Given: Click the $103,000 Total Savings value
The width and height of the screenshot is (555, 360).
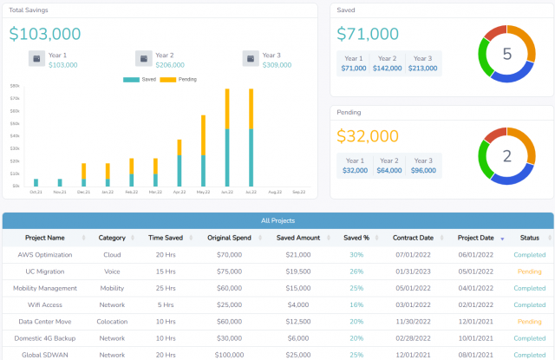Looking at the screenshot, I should (x=45, y=34).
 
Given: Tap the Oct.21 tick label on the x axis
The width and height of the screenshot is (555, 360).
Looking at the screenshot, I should (x=36, y=192).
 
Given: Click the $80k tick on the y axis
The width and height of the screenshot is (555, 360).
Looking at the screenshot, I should (x=15, y=86).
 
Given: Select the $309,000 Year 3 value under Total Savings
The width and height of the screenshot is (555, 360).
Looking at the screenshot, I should (x=277, y=65).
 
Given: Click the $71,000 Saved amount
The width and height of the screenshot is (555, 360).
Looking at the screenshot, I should (x=368, y=34).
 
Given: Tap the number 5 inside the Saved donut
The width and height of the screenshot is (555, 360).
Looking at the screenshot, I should (x=507, y=54).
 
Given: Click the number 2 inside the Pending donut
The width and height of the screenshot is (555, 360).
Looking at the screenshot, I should (x=507, y=156).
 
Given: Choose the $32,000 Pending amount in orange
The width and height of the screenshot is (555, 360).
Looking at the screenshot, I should (x=368, y=136).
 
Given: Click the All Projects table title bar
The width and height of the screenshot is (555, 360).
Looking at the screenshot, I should (x=277, y=220).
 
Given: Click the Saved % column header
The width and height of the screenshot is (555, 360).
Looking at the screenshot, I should (x=356, y=238).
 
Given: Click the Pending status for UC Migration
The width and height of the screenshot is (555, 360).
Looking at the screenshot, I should (x=529, y=272).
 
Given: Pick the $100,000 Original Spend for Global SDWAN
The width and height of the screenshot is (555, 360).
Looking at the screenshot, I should (x=229, y=355).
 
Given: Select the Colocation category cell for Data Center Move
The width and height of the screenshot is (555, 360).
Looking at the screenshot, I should (x=112, y=322).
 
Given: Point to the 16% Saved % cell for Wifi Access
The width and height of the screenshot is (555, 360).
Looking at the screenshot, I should (x=356, y=304).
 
